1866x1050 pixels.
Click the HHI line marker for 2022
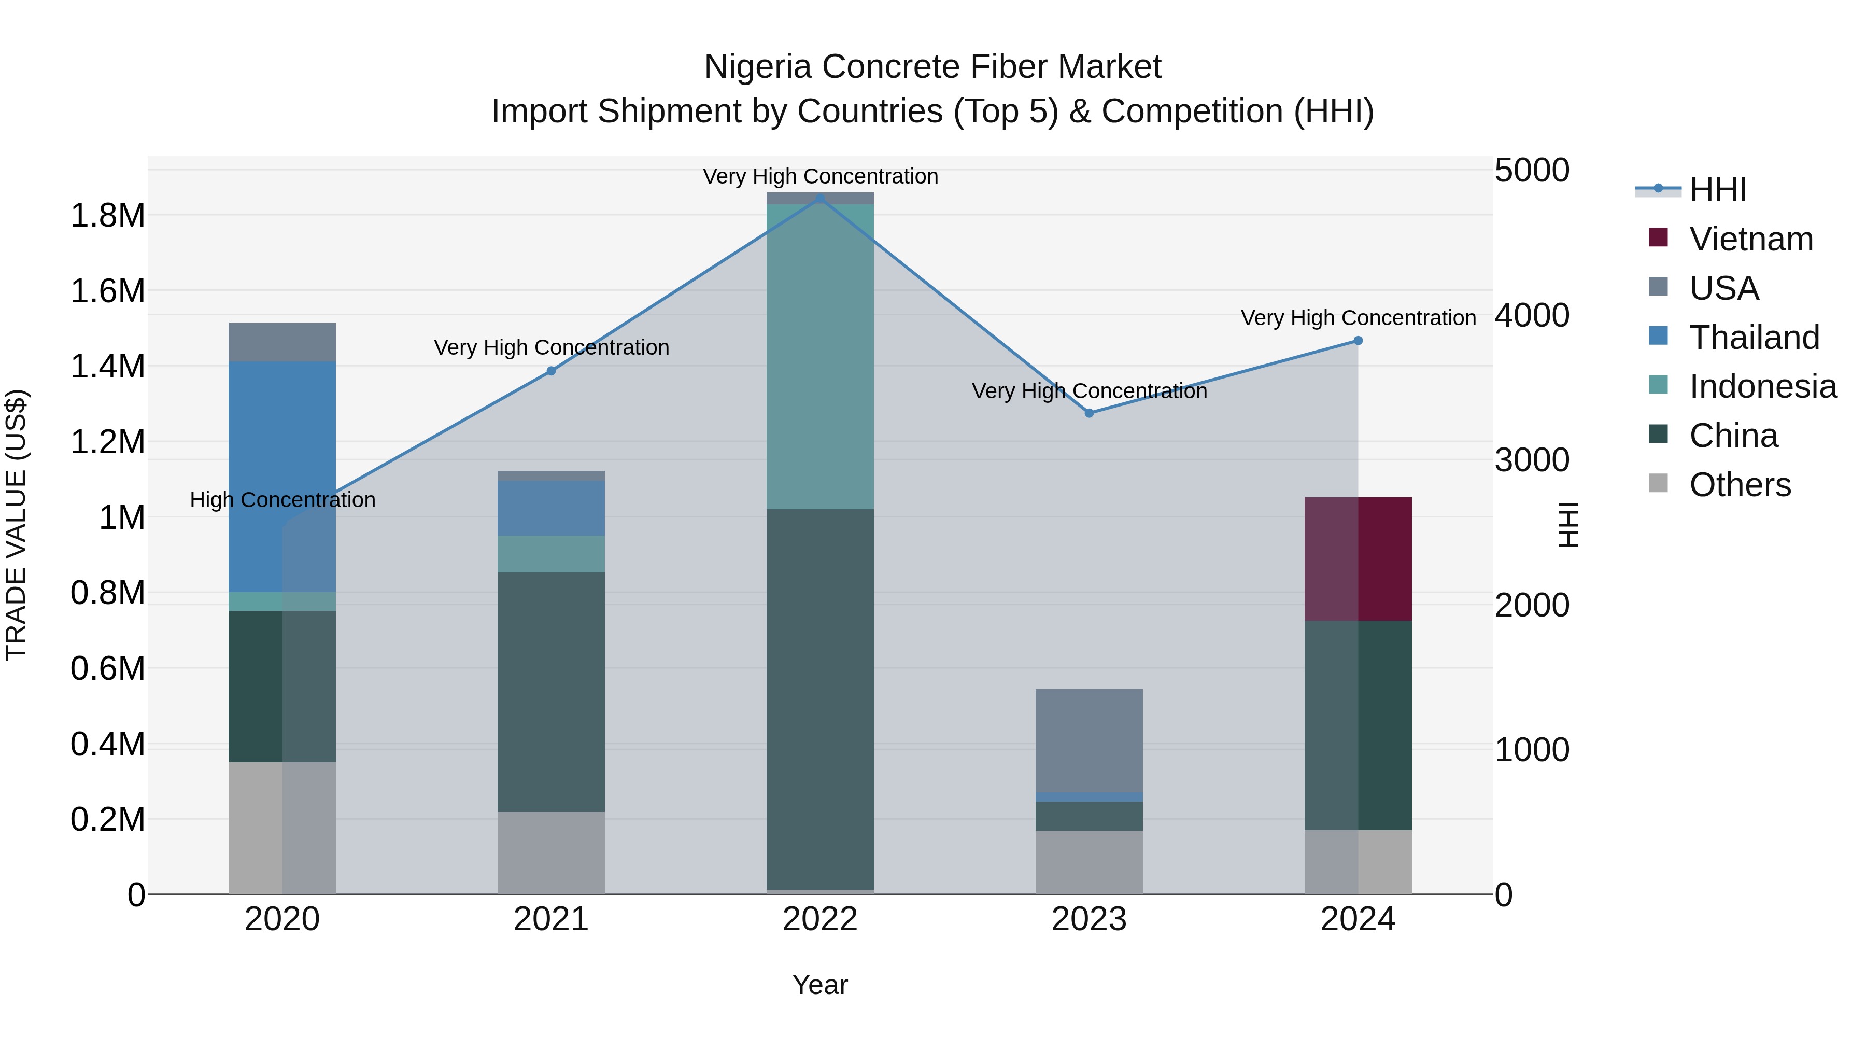[820, 198]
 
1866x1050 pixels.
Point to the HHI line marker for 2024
[1358, 341]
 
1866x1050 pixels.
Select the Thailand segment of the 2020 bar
[282, 477]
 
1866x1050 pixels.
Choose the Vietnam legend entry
[1751, 239]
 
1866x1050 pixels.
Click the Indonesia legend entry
[1762, 386]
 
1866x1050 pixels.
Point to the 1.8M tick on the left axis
[107, 216]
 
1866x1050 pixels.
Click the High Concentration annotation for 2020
[282, 500]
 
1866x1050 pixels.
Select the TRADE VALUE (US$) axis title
[16, 525]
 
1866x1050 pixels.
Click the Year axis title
[820, 985]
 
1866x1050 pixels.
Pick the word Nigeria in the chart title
[758, 67]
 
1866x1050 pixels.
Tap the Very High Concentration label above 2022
[820, 176]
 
